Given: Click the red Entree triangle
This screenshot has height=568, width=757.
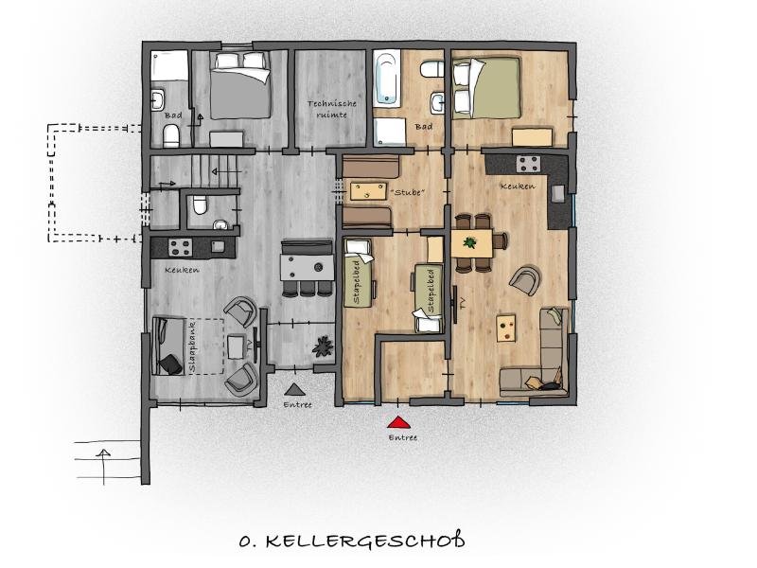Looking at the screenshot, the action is [x=398, y=423].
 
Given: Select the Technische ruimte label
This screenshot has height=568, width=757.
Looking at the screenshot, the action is [x=332, y=109].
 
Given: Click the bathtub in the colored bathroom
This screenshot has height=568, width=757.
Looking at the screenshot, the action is [x=387, y=79].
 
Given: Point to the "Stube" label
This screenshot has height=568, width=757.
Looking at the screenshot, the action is [x=410, y=193].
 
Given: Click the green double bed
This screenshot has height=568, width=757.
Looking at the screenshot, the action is [x=486, y=88].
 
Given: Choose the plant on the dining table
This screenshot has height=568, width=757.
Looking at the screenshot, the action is [x=469, y=242].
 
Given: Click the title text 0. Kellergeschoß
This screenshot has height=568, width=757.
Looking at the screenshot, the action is [x=352, y=541].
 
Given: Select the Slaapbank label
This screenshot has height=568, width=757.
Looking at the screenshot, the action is [x=193, y=346].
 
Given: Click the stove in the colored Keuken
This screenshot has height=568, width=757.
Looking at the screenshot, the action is [x=528, y=164].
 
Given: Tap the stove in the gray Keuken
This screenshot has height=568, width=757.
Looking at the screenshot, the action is [x=180, y=248].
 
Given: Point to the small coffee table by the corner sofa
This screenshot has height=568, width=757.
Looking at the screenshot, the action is [x=506, y=328].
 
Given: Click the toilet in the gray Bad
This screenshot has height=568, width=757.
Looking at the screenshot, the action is [x=171, y=135].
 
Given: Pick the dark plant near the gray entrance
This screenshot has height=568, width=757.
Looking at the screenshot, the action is [x=323, y=346].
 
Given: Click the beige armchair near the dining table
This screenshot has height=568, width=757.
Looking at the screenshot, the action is [x=524, y=279].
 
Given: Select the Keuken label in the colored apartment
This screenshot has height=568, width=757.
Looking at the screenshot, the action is [x=518, y=186].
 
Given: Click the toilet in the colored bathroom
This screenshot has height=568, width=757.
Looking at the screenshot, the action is [x=432, y=69].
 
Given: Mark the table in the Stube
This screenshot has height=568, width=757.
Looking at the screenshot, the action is [x=368, y=191].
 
